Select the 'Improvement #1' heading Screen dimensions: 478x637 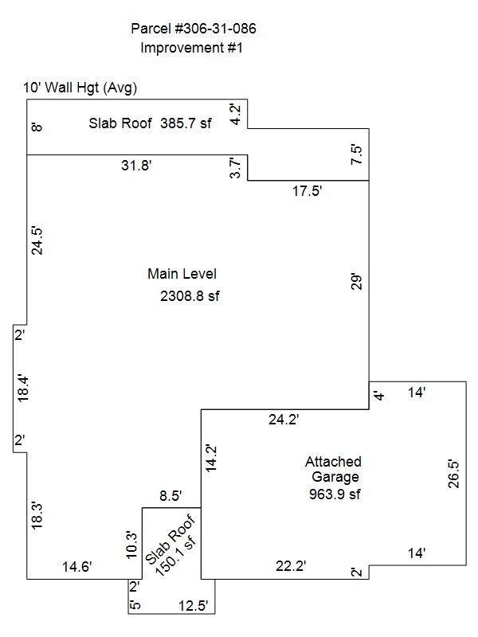pos(191,48)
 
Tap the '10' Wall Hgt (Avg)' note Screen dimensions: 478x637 pos(80,88)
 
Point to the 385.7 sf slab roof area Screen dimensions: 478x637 pos(186,123)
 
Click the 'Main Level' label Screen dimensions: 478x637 pos(182,274)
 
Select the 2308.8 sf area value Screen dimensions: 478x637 pos(190,296)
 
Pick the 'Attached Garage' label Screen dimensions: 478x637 pos(334,469)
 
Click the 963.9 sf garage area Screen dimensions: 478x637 pos(335,494)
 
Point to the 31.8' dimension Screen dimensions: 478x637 pos(136,166)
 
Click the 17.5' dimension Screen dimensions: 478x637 pos(308,190)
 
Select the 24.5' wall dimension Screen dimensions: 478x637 pos(37,241)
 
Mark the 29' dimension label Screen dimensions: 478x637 pos(356,282)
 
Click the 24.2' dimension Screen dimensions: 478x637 pos(284,420)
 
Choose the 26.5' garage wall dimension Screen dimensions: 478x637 pos(453,474)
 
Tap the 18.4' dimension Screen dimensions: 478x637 pos(23,389)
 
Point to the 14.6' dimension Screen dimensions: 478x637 pos(76,566)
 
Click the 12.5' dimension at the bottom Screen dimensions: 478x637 pos(194,606)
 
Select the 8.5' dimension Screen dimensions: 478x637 pos(170,496)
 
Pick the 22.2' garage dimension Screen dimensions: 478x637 pos(291,566)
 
